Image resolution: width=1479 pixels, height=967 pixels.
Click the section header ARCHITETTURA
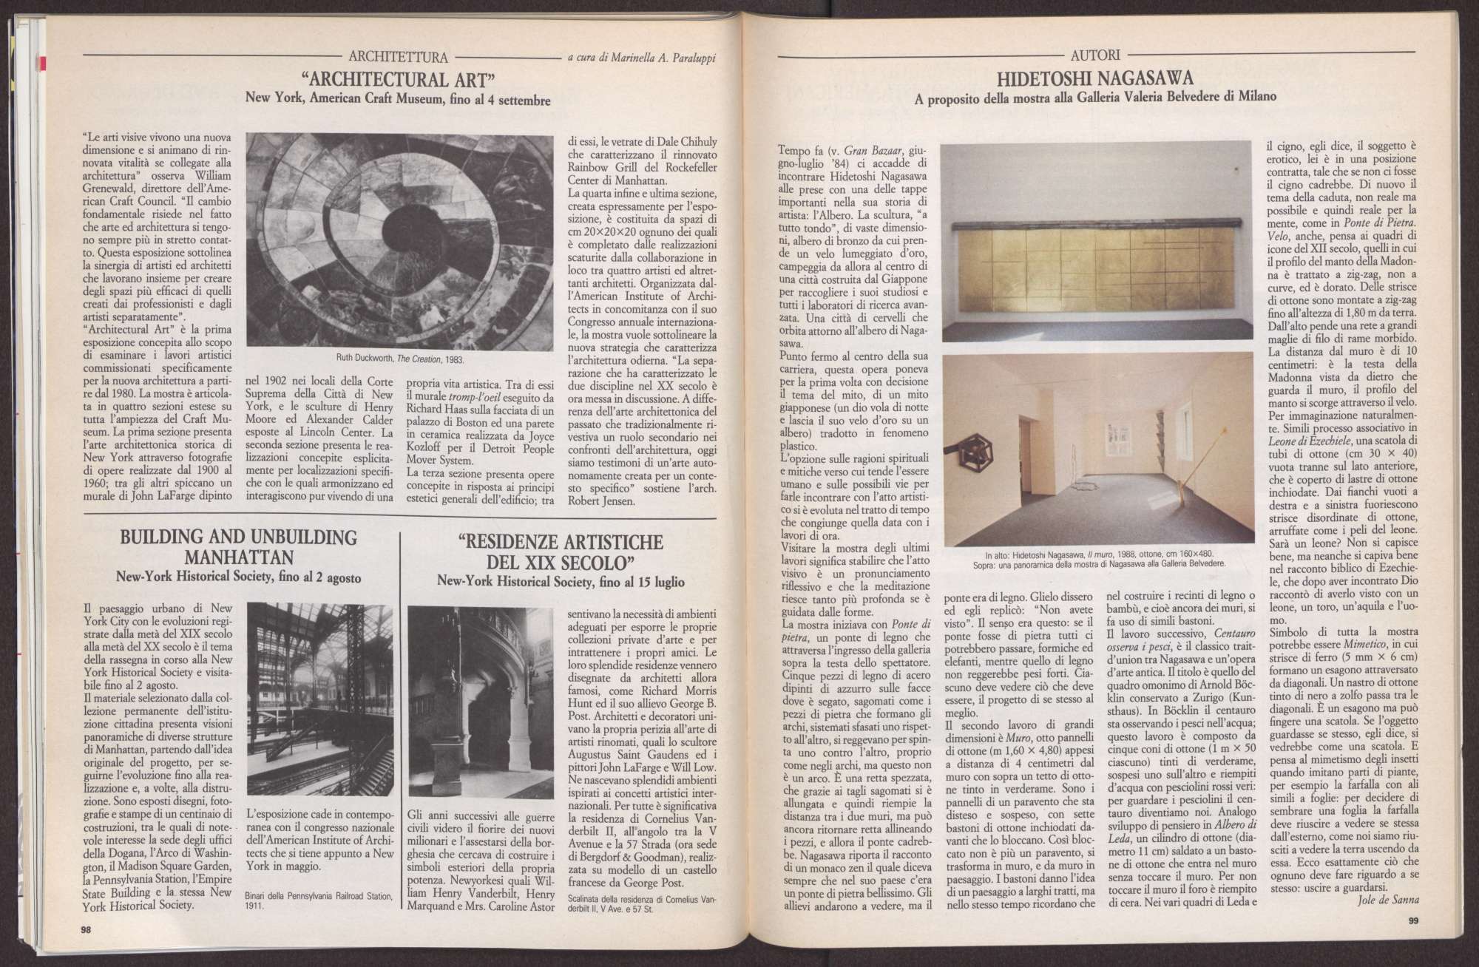[x=398, y=56]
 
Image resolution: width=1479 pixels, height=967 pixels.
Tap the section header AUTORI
[x=1094, y=55]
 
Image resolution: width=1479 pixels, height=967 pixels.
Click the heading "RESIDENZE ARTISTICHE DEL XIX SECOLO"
[x=561, y=552]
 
